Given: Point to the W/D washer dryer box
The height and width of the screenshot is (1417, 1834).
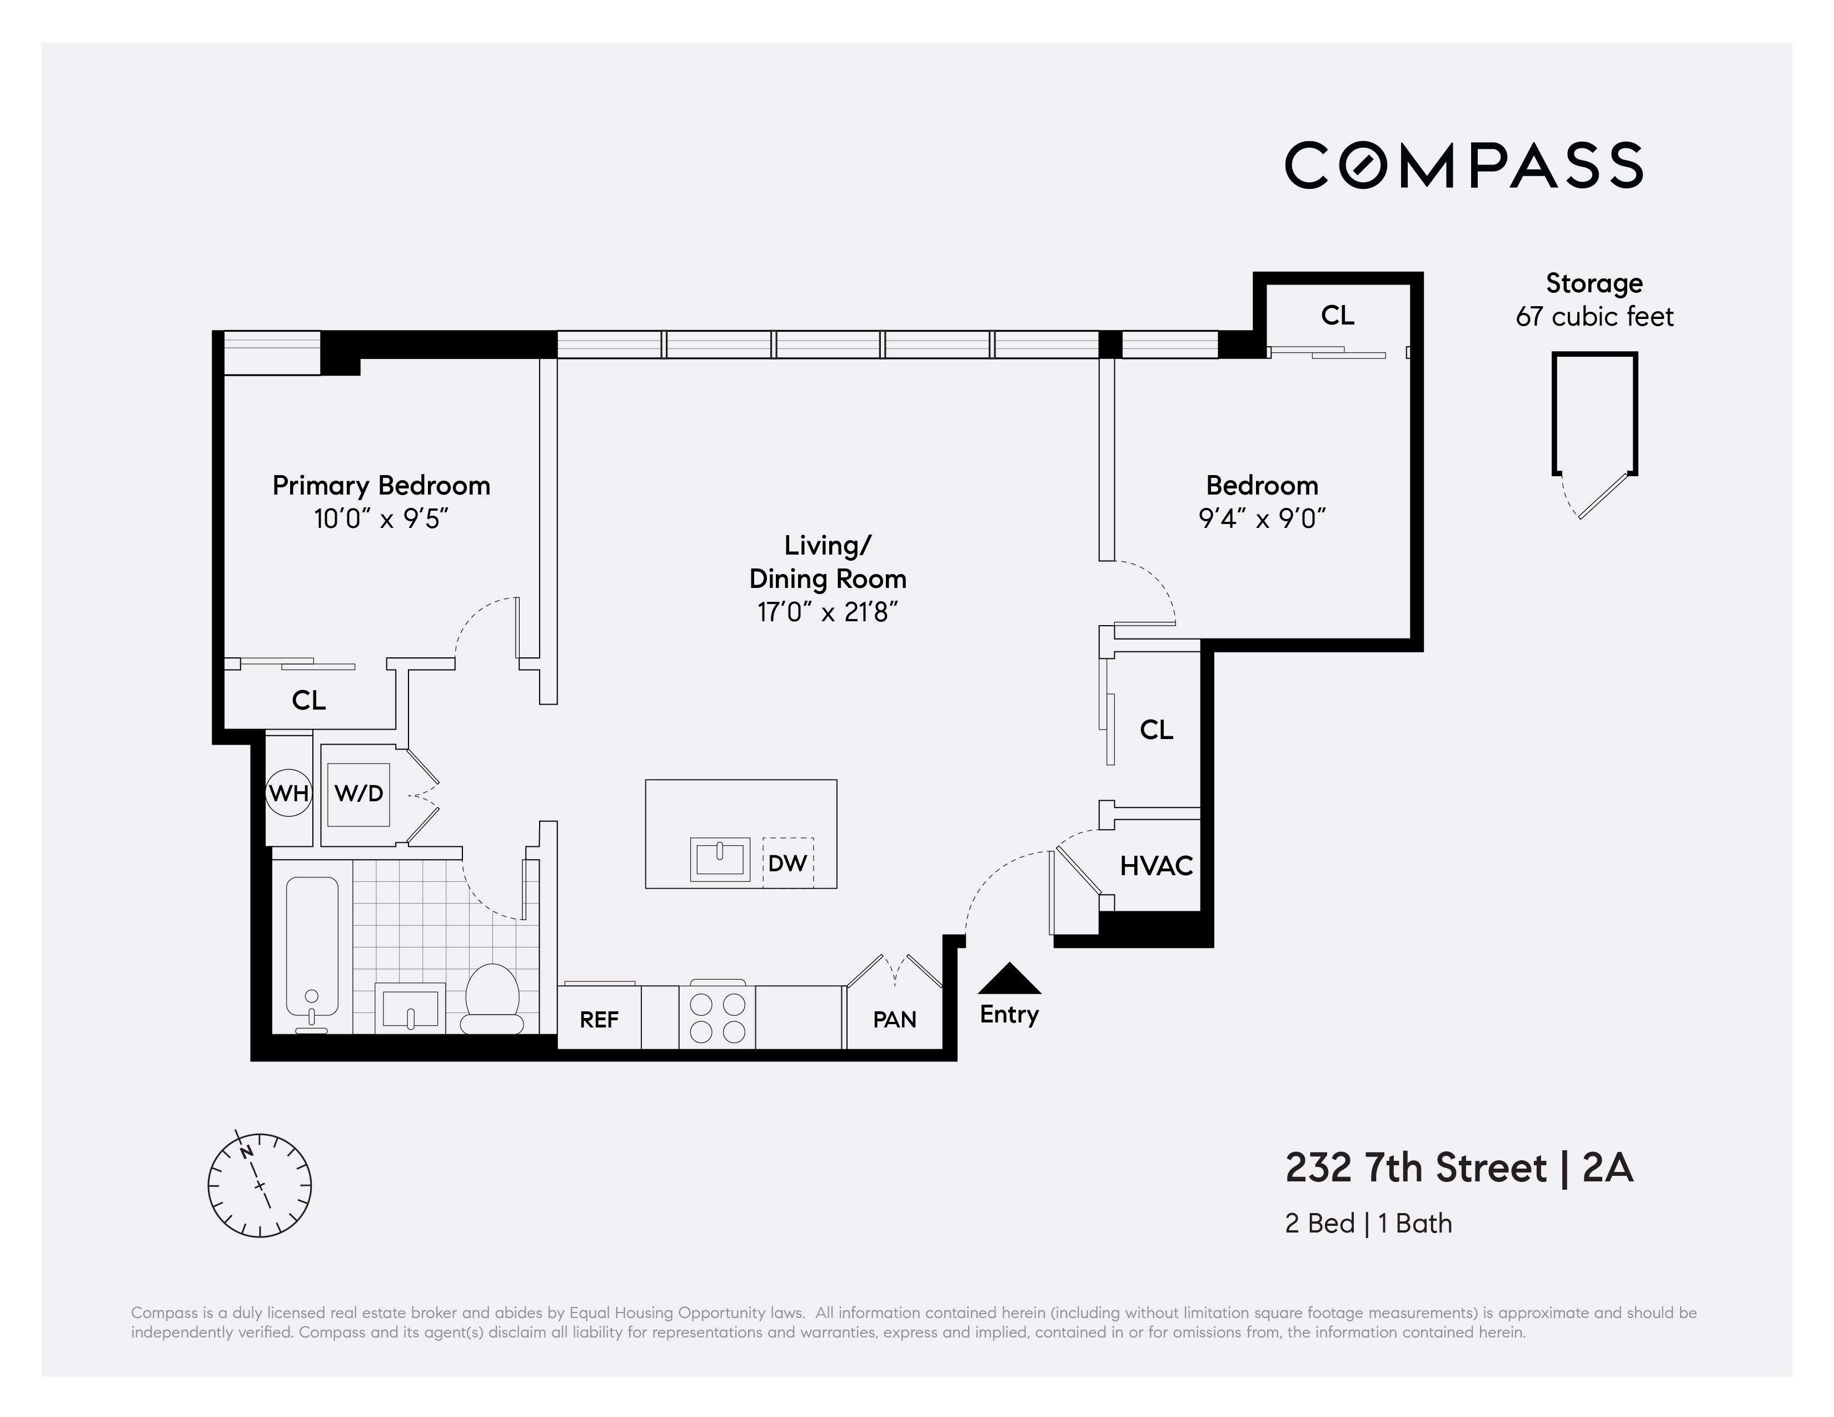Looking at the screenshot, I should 358,794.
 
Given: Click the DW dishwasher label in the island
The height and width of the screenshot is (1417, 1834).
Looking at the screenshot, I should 787,863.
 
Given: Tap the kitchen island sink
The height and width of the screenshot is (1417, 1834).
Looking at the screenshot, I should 720,859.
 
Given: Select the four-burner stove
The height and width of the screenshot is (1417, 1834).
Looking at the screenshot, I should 717,1017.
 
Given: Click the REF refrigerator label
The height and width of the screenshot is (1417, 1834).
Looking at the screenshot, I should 599,1020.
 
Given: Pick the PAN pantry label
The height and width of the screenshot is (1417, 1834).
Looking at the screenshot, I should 894,1020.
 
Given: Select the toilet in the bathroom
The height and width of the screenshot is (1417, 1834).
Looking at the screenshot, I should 493,999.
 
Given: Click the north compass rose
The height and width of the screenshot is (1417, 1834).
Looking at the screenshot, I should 260,1185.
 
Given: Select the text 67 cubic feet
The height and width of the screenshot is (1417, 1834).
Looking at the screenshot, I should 1594,317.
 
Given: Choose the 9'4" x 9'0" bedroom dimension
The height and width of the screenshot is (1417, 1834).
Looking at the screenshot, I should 1262,519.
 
